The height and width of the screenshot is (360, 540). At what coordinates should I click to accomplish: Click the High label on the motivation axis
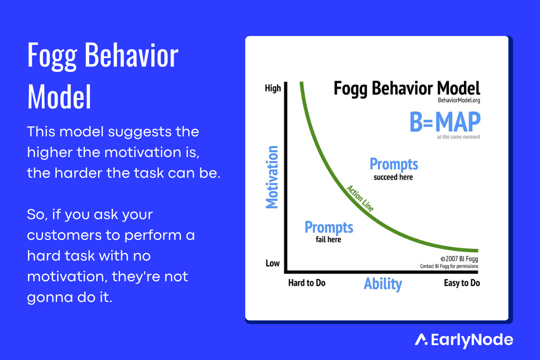pyautogui.click(x=273, y=88)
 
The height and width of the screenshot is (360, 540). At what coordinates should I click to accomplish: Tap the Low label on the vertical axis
pyautogui.click(x=273, y=263)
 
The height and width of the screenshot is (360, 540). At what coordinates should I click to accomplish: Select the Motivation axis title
pyautogui.click(x=272, y=177)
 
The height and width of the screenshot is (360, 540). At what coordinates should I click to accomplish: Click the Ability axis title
pyautogui.click(x=383, y=284)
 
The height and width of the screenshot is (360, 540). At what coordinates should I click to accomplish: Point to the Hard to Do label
pyautogui.click(x=307, y=283)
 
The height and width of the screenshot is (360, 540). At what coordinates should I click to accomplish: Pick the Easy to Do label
pyautogui.click(x=462, y=283)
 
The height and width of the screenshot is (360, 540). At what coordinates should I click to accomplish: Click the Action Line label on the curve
pyautogui.click(x=360, y=198)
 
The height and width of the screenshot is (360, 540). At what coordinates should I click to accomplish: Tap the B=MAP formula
pyautogui.click(x=445, y=121)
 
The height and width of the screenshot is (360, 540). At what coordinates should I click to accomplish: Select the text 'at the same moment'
pyautogui.click(x=459, y=137)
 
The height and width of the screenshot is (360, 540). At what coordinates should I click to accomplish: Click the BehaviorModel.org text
pyautogui.click(x=459, y=100)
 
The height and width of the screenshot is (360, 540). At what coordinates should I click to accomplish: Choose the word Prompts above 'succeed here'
pyautogui.click(x=394, y=164)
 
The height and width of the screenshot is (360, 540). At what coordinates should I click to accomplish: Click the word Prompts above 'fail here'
pyautogui.click(x=329, y=227)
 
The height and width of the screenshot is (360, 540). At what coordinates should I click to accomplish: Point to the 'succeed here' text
pyautogui.click(x=393, y=177)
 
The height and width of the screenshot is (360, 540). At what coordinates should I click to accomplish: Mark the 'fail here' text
pyautogui.click(x=328, y=239)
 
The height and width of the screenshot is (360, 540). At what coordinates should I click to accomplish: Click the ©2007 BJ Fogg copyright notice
pyautogui.click(x=459, y=259)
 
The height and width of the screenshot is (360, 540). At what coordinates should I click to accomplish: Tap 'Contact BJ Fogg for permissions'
pyautogui.click(x=449, y=266)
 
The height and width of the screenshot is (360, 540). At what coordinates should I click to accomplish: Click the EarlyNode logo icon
pyautogui.click(x=421, y=340)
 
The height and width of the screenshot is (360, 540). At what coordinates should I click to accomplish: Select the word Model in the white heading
pyautogui.click(x=59, y=97)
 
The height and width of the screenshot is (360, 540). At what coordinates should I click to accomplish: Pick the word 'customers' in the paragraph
pyautogui.click(x=64, y=235)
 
